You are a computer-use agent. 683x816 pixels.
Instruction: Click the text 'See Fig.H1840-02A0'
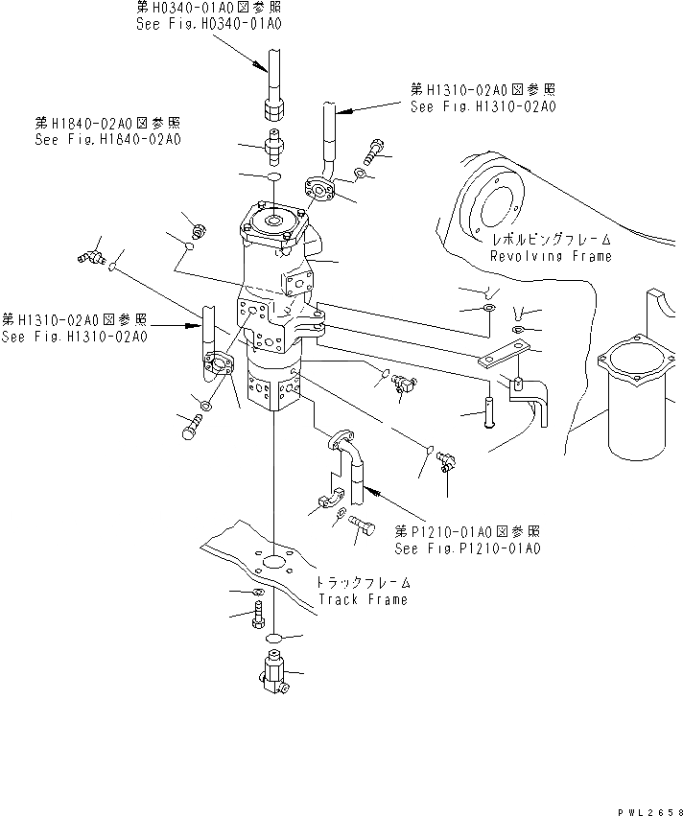[107, 139]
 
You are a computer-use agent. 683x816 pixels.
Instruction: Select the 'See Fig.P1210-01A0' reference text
[467, 548]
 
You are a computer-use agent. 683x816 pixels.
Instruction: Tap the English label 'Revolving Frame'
[551, 256]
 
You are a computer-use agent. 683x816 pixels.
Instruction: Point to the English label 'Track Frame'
[363, 599]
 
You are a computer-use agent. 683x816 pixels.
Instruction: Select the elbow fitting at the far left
[89, 257]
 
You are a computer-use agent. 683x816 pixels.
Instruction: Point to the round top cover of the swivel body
[273, 222]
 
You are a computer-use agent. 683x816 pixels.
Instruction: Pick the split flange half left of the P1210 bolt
[329, 502]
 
